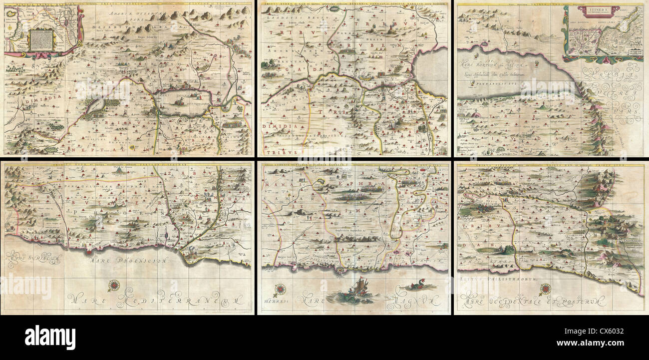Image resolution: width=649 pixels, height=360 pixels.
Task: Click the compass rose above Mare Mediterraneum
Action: (114, 286)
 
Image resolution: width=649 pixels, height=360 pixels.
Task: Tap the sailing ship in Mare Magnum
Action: (356, 291)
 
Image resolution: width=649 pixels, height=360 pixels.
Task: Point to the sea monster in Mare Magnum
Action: (414, 287)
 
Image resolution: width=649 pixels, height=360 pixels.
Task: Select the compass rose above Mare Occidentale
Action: (545, 289)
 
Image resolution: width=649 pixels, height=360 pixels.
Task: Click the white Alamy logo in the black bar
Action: (50, 338)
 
